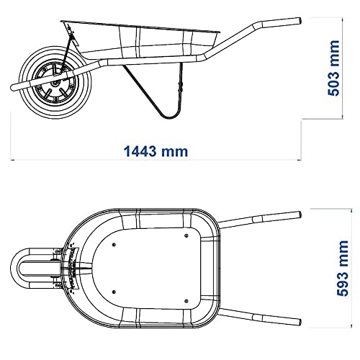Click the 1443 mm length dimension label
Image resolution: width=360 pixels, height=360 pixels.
156,151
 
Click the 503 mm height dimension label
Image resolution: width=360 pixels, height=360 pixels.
334,68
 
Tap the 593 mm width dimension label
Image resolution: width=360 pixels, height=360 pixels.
343,268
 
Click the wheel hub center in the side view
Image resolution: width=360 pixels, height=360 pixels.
55,84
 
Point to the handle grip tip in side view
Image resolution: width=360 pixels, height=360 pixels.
300,21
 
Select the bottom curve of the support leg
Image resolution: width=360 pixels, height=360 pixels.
169,117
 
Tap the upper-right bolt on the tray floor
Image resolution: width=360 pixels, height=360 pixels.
186,235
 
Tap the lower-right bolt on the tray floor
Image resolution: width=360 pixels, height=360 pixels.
186,301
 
